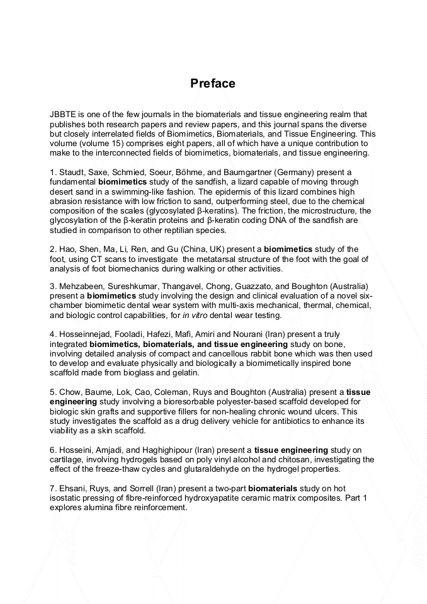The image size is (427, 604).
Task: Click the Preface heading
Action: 213,84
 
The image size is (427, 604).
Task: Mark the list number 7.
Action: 52,488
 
